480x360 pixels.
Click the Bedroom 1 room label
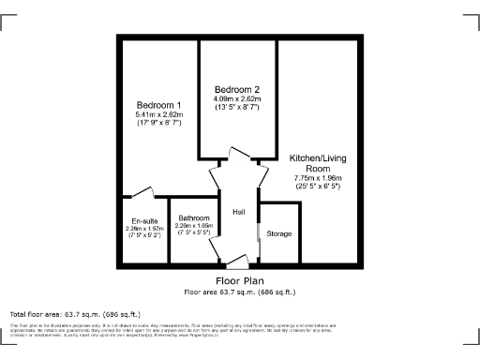(x=158, y=104)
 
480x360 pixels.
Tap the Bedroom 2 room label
(x=236, y=90)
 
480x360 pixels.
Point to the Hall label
(x=238, y=211)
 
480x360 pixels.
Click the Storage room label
(x=279, y=233)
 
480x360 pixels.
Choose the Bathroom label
(x=195, y=218)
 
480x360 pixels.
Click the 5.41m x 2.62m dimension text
(x=158, y=114)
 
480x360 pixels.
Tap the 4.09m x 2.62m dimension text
(x=236, y=99)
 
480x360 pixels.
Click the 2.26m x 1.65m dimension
(x=195, y=226)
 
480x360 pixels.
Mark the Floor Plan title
(x=239, y=280)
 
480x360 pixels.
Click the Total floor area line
(x=75, y=313)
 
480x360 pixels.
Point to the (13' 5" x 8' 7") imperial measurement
(x=236, y=108)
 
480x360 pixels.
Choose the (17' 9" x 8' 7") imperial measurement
(x=158, y=123)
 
